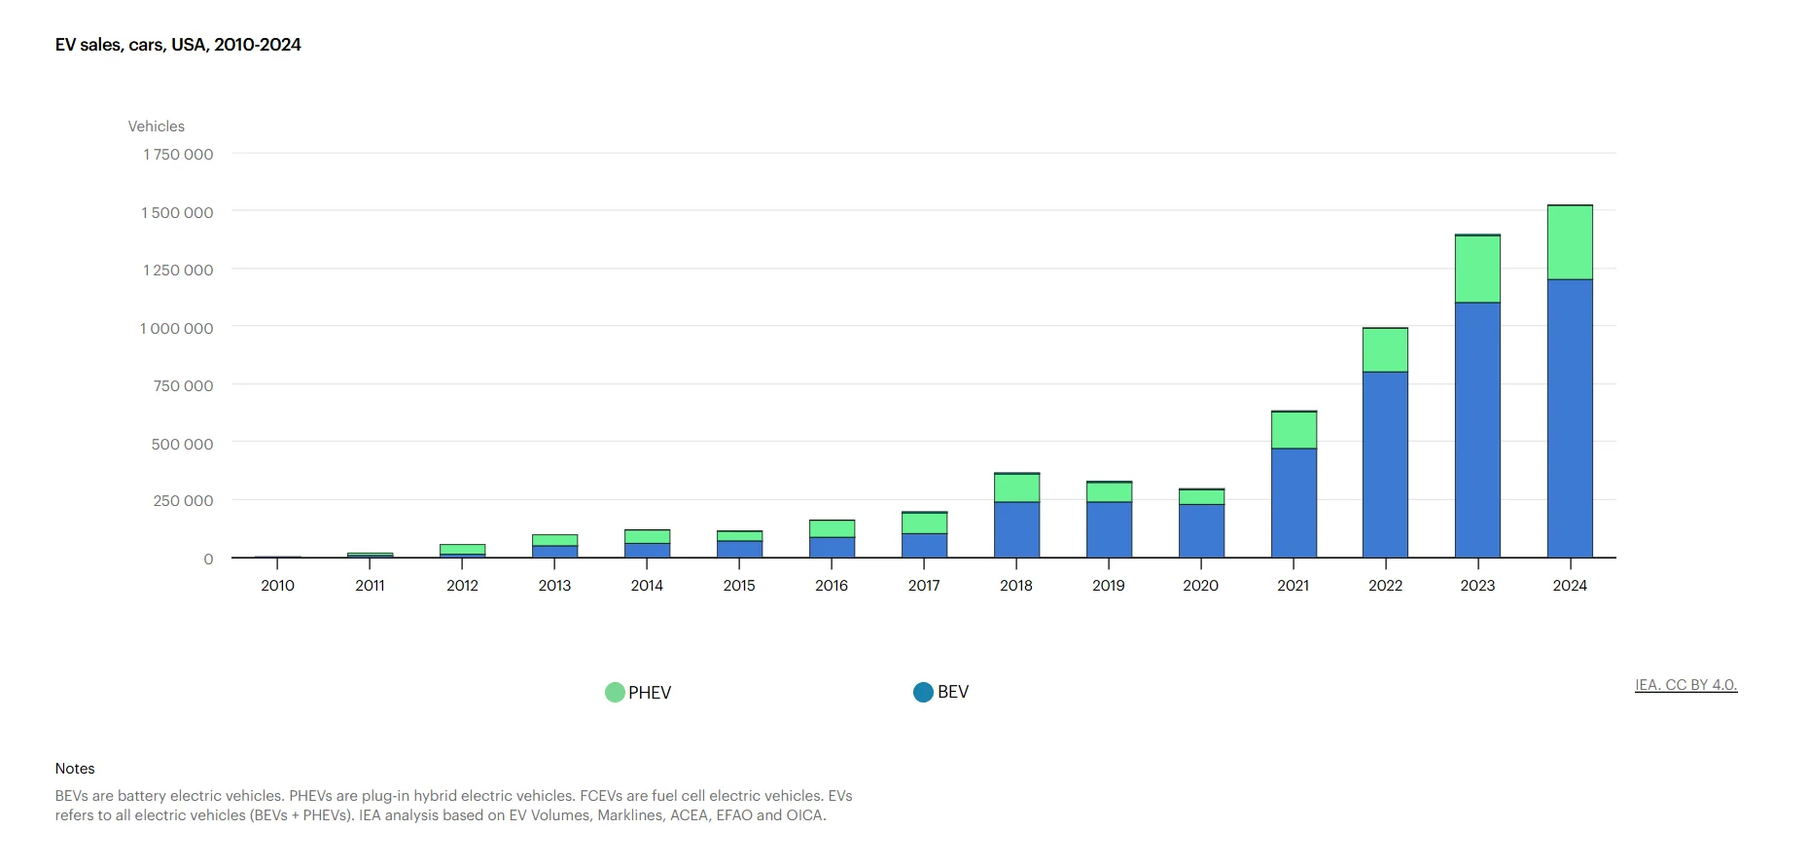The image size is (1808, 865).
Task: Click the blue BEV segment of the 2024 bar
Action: coord(1570,418)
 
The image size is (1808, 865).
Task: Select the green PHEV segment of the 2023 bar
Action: coord(1477,269)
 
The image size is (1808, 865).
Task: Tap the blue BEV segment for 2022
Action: coord(1385,464)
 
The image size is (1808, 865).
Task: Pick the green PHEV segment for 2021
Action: coord(1294,430)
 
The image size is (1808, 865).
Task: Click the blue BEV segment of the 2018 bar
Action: coord(1016,529)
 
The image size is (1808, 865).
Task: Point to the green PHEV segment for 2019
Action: coord(1109,492)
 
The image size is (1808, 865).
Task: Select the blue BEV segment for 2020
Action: coord(1201,530)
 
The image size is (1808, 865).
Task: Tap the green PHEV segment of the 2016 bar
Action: coord(832,528)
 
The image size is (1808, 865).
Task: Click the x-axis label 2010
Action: coord(277,586)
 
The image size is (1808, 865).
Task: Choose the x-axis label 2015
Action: coord(739,586)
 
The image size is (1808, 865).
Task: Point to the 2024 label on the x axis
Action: coord(1570,586)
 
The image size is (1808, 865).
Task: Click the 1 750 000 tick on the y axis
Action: coord(178,155)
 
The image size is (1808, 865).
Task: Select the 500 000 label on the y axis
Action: coord(182,444)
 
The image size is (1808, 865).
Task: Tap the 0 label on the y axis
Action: coord(208,559)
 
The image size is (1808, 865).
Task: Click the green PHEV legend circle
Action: coord(615,693)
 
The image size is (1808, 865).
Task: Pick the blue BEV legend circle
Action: coord(923,692)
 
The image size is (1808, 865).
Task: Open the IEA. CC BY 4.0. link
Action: coord(1685,685)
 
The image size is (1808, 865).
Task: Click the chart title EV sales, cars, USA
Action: coord(178,45)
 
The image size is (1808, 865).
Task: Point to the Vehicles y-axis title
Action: coord(156,126)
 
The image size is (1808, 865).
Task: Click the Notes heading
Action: coord(75,769)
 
